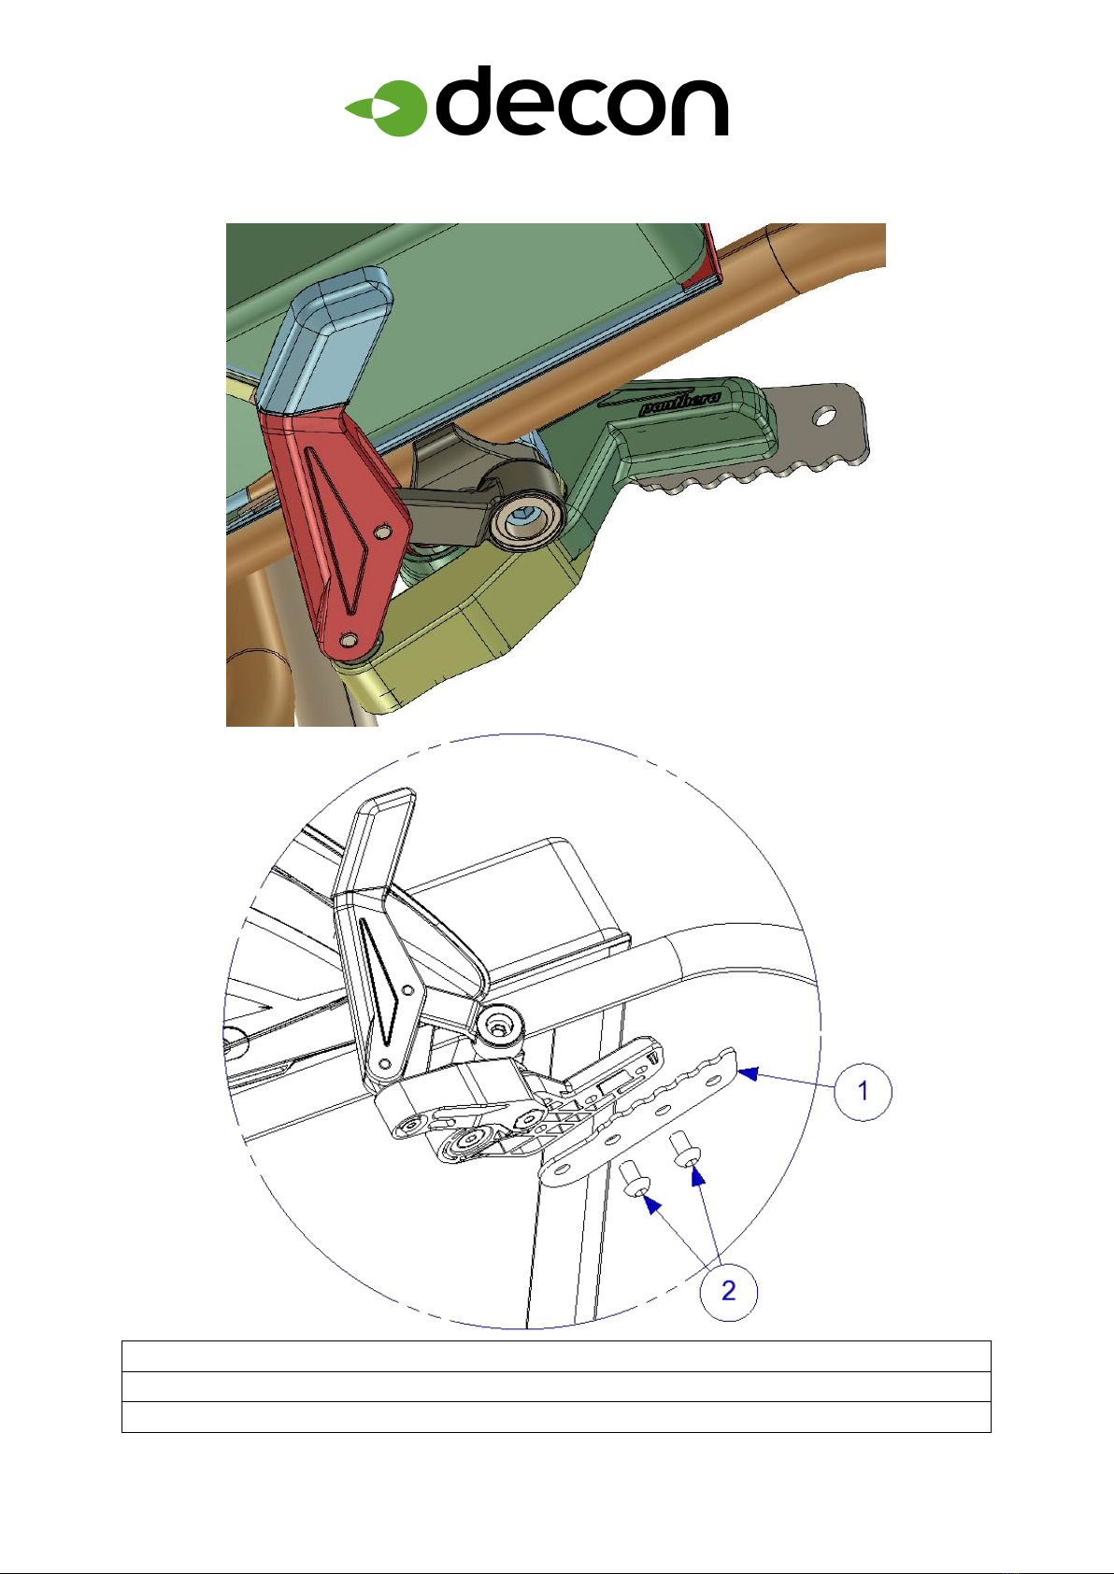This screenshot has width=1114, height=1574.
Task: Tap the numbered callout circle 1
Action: [x=863, y=1091]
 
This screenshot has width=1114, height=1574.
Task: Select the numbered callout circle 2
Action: [x=729, y=1290]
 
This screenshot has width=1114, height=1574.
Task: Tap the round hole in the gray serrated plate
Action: [x=823, y=418]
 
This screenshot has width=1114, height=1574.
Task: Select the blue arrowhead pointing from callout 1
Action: [x=749, y=1073]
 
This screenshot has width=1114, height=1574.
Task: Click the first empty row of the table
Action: [x=556, y=1356]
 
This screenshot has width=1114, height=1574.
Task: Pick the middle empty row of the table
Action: [x=556, y=1386]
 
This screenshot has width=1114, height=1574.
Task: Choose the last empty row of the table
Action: [x=556, y=1416]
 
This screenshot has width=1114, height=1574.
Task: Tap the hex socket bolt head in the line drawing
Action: [x=500, y=1027]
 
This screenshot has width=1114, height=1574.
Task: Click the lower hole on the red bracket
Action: [x=349, y=640]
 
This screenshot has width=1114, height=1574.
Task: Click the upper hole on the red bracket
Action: [x=382, y=533]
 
